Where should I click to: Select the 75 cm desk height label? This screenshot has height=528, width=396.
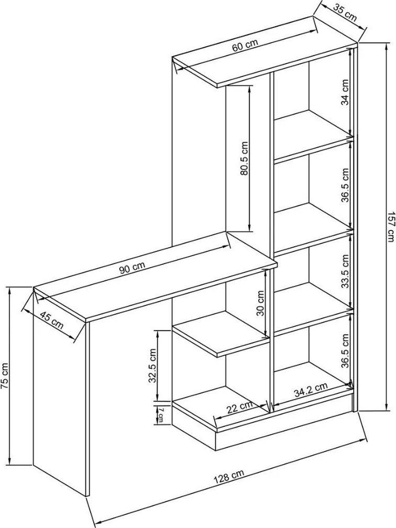click(5, 376)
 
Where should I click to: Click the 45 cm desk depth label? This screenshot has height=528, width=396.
click(51, 320)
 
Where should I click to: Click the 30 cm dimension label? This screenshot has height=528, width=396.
click(260, 303)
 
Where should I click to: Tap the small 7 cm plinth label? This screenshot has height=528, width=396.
click(161, 414)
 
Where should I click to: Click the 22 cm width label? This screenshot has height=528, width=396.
click(239, 408)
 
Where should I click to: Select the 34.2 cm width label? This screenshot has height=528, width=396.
click(311, 390)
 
